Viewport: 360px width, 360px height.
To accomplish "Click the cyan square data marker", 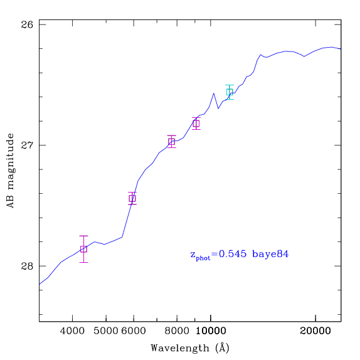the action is coord(230,92).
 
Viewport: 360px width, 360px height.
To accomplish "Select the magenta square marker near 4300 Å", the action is coord(83,249).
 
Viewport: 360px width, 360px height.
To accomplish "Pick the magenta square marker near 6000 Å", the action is coord(132,198).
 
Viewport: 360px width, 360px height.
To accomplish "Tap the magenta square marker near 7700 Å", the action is coord(171,142).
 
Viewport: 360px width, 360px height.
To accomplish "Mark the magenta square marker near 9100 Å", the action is coord(196,124).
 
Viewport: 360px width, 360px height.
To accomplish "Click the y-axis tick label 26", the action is coord(27,24).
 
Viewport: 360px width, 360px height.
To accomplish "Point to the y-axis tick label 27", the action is coord(27,145).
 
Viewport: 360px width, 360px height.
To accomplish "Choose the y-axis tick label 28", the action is coord(27,266).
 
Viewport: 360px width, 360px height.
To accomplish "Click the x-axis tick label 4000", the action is coord(72,331).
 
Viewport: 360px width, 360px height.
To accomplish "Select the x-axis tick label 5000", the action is coord(106,331).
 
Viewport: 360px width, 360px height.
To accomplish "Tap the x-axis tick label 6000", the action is coord(134,331).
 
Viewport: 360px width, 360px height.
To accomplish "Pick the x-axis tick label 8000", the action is coord(177,331).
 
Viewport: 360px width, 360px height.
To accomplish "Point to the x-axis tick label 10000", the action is coord(211,331).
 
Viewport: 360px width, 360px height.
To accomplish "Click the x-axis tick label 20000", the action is coord(315,331).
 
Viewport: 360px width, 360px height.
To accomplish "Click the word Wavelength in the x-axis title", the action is coord(180,348).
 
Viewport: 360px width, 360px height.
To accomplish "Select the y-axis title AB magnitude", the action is coord(10,171).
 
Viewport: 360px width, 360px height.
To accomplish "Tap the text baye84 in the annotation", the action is coord(270,254).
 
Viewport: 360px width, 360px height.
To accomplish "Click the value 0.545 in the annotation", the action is coord(233,254).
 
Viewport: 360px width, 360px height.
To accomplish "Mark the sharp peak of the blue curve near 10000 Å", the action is coord(213,93).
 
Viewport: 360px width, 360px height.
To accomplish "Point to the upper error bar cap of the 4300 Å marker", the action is coord(83,236).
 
